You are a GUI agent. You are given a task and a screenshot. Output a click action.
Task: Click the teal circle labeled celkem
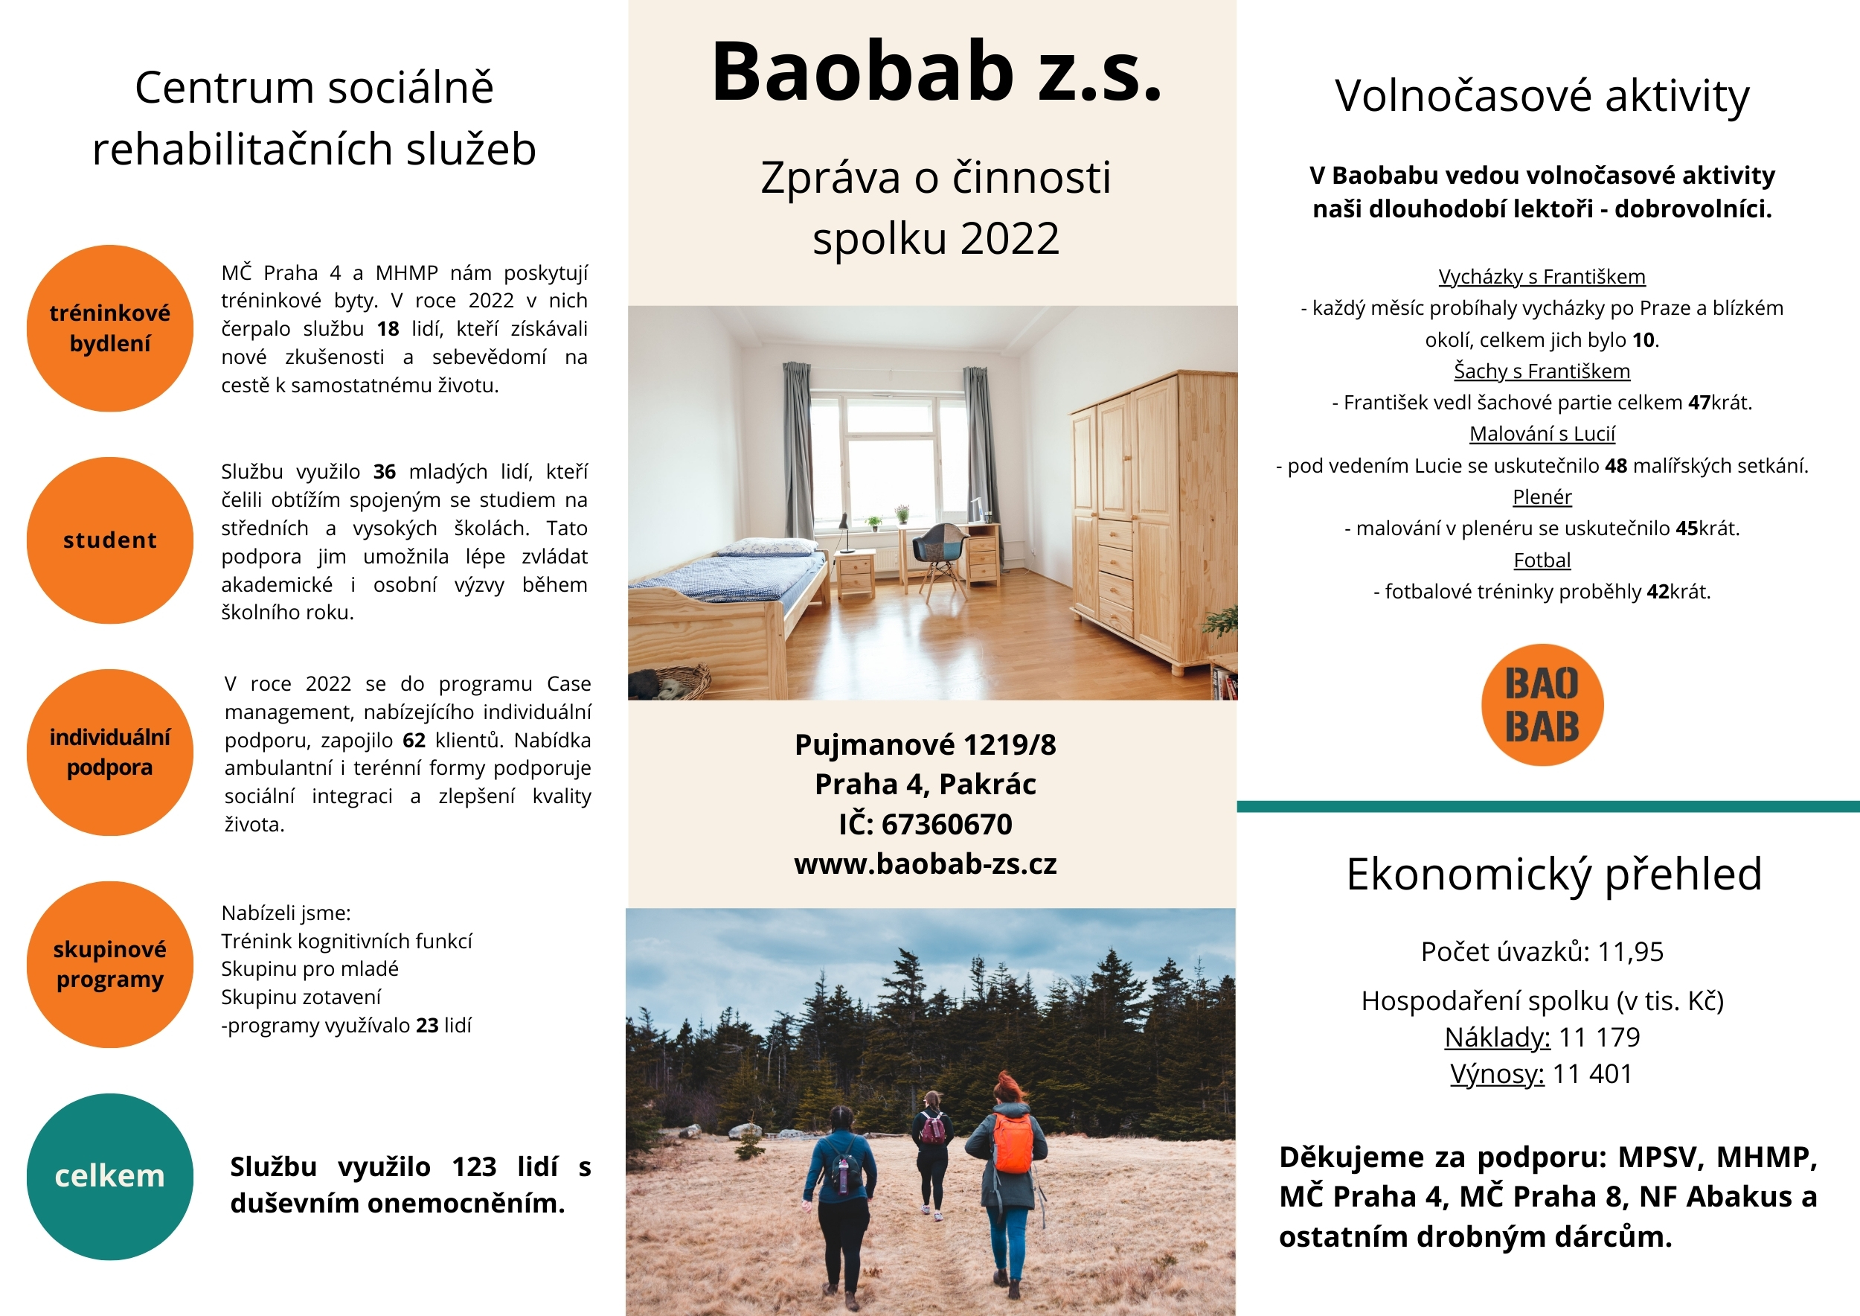coord(109,1176)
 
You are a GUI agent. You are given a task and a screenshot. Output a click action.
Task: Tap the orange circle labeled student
coord(109,540)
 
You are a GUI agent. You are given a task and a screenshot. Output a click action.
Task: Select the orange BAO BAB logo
coord(1542,704)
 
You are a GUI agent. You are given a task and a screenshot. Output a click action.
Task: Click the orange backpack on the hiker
coord(1013,1143)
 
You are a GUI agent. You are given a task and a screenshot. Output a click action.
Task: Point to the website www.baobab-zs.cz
coord(925,864)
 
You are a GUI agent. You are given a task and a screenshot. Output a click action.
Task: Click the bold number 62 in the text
coord(414,740)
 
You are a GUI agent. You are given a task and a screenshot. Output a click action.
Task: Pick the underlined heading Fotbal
coord(1542,560)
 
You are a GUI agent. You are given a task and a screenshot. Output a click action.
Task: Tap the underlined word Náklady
coord(1496,1037)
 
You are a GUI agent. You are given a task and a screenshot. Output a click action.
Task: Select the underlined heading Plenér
coord(1542,496)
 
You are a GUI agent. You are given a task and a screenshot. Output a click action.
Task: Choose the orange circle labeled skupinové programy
coord(109,965)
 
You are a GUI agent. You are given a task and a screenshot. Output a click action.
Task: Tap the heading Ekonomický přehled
coord(1553,874)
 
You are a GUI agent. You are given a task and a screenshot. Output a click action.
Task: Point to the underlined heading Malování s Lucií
coord(1542,433)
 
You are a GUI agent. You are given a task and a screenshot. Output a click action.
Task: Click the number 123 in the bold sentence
coord(474,1167)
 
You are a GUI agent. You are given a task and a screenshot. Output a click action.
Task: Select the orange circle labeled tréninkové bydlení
coord(109,328)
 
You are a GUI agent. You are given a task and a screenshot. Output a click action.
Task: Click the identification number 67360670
coord(946,824)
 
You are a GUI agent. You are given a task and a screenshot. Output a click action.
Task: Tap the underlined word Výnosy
coord(1496,1073)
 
